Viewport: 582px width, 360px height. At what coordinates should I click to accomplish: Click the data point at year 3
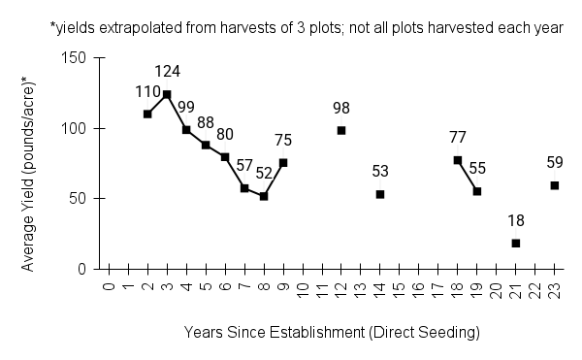click(167, 94)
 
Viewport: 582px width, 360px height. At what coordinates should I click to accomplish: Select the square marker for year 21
click(515, 243)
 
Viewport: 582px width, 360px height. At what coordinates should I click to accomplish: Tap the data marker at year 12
click(341, 130)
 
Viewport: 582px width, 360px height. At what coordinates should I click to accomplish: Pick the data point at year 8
click(264, 196)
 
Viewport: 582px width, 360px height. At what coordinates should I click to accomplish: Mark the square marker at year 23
click(554, 185)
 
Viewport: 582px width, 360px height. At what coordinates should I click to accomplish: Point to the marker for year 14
click(380, 194)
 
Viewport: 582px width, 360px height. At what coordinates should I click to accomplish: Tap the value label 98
click(341, 108)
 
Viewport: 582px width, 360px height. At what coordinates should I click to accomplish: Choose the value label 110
click(147, 90)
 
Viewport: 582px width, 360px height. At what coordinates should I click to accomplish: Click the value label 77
click(458, 137)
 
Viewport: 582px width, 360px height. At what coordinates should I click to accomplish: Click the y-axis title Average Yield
click(30, 163)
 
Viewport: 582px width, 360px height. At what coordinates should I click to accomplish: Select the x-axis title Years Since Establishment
click(332, 333)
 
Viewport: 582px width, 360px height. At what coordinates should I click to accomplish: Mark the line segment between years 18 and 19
click(468, 176)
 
